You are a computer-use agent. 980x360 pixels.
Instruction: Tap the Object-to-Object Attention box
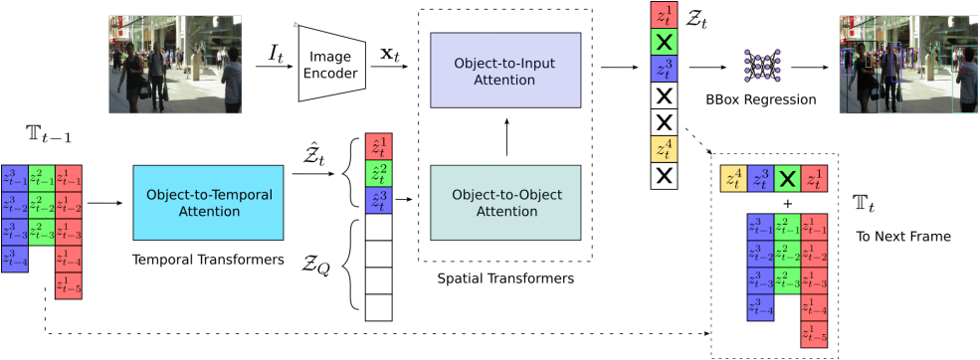pos(504,203)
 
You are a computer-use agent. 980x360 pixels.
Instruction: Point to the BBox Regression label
pos(761,100)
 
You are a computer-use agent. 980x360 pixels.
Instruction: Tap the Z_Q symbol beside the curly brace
pos(318,265)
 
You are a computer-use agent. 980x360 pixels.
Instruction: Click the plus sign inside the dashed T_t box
pos(787,203)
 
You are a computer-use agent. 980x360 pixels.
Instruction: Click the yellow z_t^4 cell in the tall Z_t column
pos(665,149)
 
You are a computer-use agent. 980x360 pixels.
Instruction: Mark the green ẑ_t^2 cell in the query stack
pos(379,174)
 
